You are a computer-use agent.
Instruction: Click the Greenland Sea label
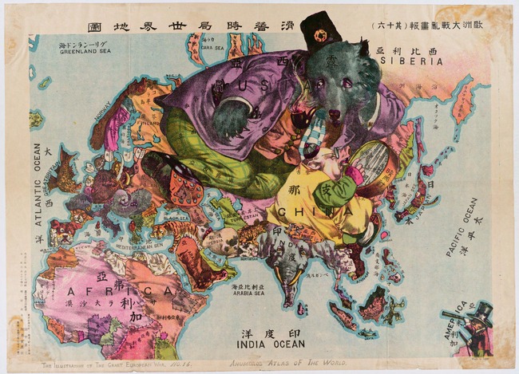pyautogui.click(x=84, y=50)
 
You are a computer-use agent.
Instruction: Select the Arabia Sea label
pyautogui.click(x=248, y=292)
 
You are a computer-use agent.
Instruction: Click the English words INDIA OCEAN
pyautogui.click(x=271, y=344)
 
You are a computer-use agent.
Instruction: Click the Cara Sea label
pyautogui.click(x=211, y=47)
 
